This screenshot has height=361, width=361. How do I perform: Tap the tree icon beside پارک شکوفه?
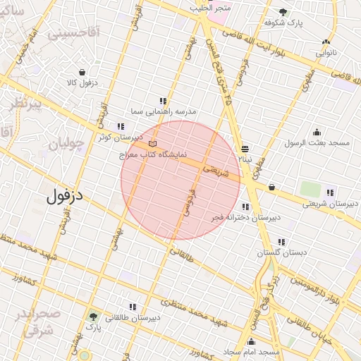[283, 12]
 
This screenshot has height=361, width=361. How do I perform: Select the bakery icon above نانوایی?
[326, 42]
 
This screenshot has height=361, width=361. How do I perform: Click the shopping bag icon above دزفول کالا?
[82, 72]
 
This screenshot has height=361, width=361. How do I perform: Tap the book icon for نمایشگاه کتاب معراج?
[153, 145]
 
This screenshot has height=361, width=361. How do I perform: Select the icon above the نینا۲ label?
[245, 149]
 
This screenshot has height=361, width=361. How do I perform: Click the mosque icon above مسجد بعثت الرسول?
[317, 131]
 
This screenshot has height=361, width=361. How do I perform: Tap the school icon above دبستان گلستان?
[282, 242]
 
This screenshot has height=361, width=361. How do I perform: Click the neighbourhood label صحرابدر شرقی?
[34, 321]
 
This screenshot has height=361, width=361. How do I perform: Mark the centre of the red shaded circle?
[180, 180]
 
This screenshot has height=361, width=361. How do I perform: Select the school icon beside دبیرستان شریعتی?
[329, 192]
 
